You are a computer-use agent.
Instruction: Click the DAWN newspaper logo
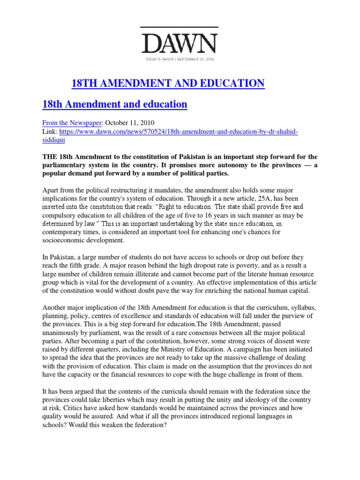180,44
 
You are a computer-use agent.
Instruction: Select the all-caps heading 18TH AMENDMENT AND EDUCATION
168,84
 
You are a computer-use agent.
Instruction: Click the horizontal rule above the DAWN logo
180,27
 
